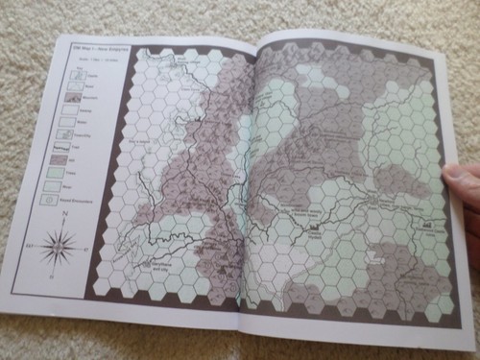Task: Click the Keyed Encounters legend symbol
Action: point(67,199)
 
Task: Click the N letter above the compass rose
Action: point(61,214)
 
